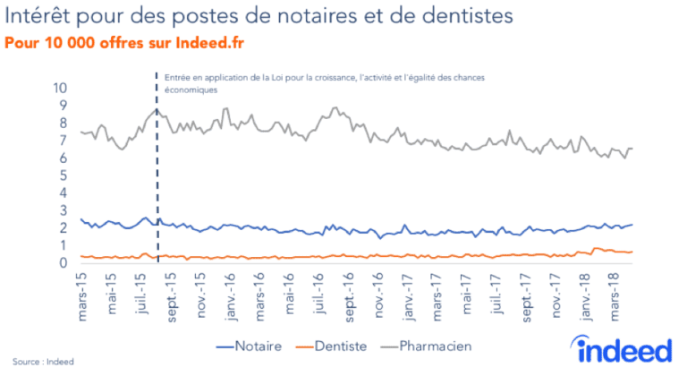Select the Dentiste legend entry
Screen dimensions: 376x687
click(342, 345)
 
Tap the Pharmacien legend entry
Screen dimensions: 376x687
click(433, 345)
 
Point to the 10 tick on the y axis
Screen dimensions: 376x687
click(62, 88)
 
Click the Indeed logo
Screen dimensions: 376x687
click(624, 347)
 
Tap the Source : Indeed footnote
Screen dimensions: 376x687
click(43, 362)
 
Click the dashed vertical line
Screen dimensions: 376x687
click(158, 179)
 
